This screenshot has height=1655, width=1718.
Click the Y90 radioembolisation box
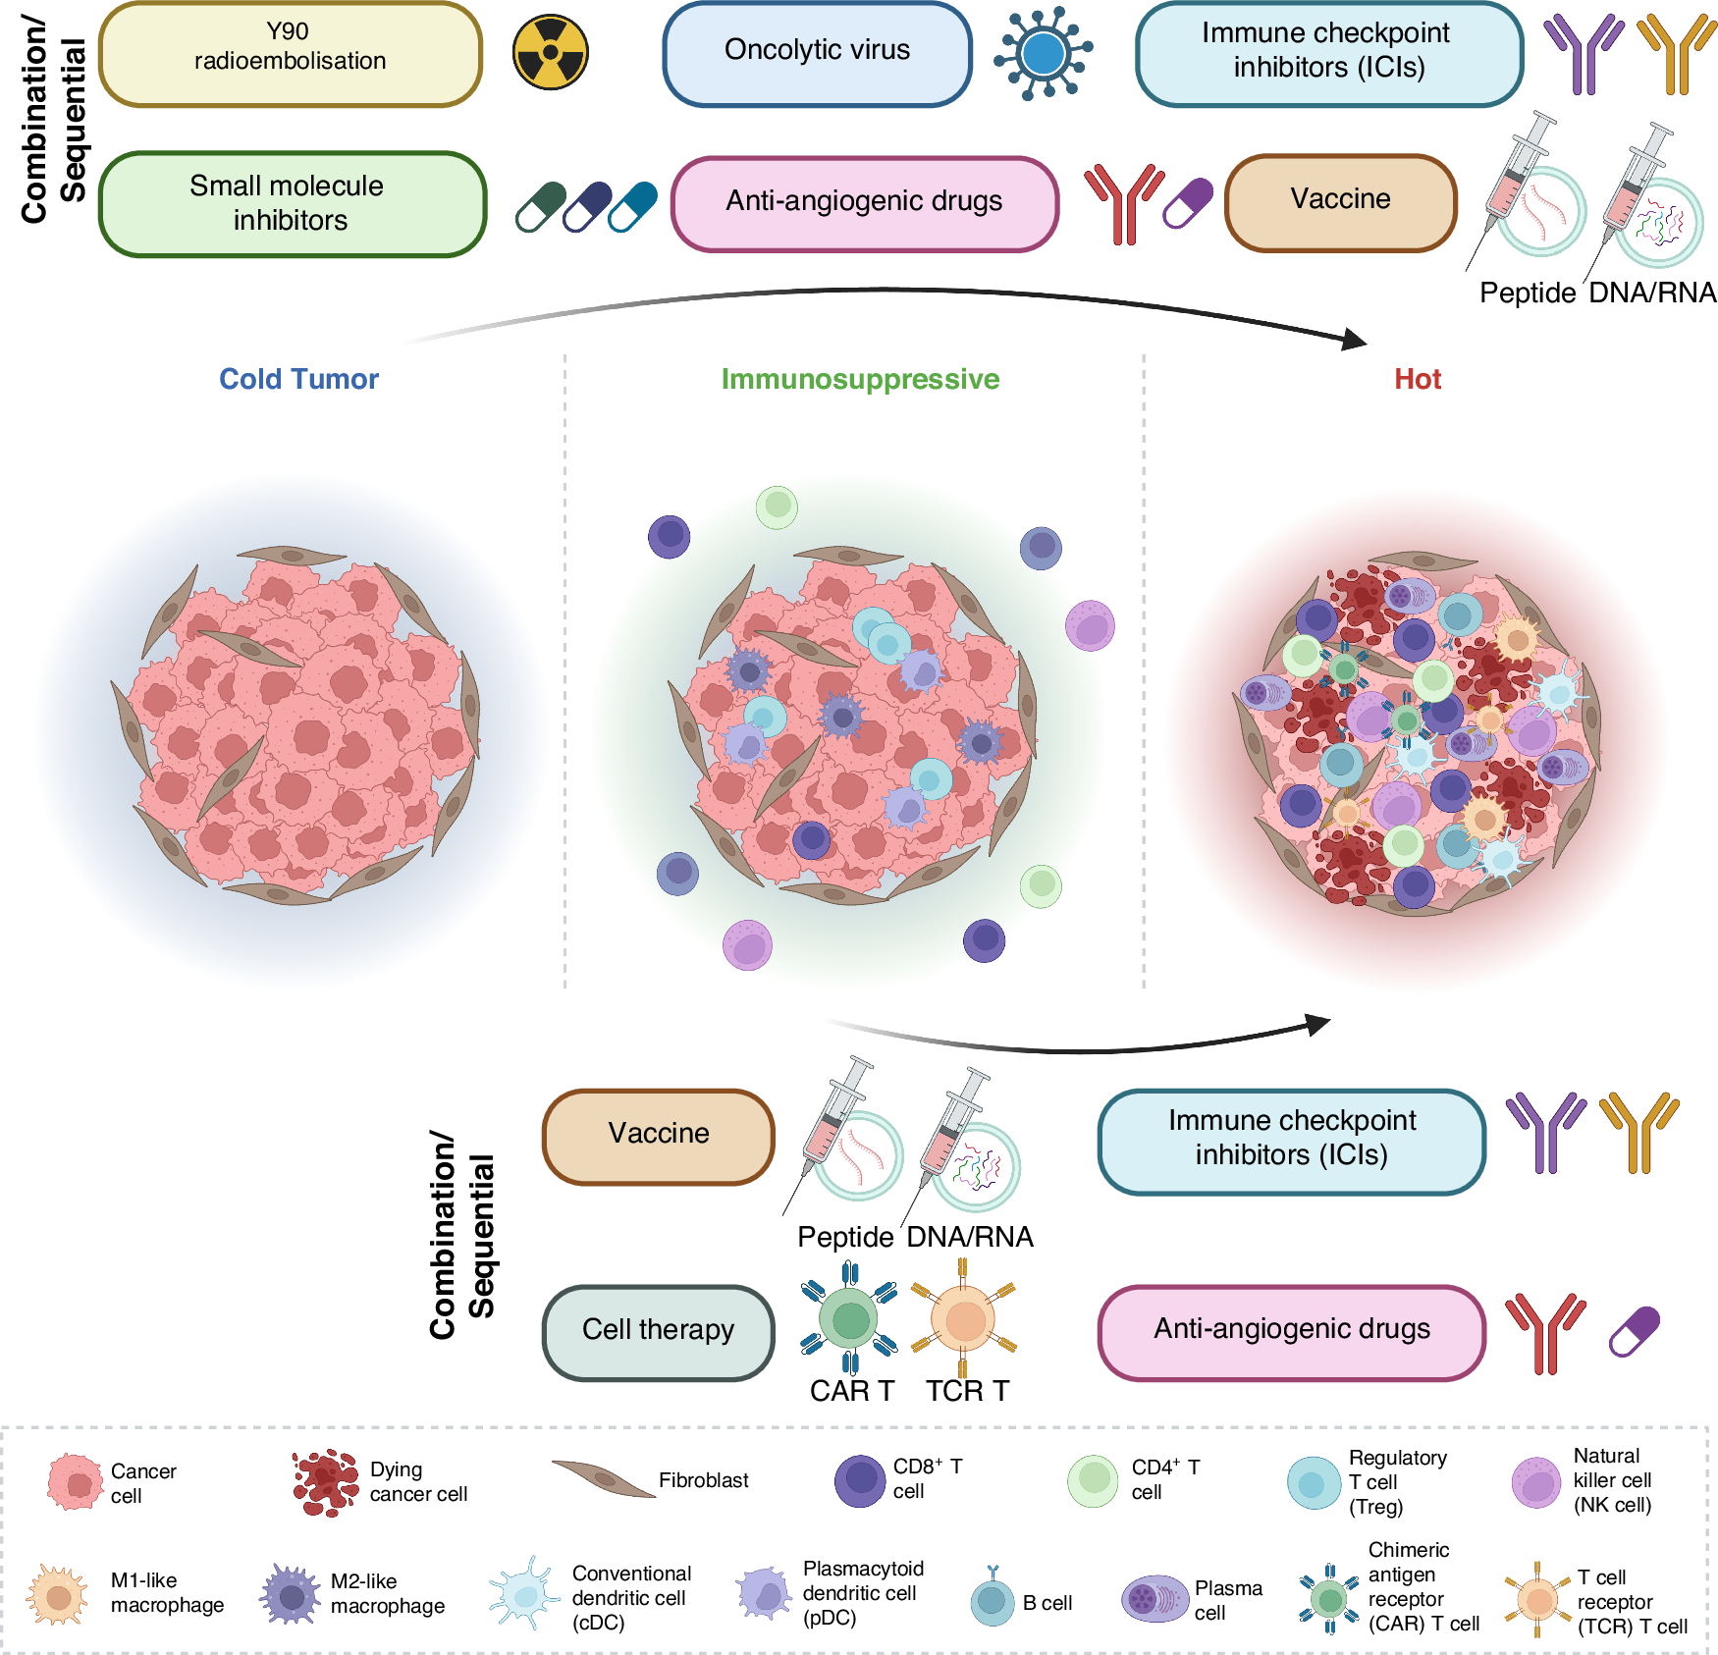[291, 54]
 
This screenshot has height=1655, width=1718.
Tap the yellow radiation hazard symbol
[551, 52]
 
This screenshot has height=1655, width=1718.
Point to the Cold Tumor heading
[298, 379]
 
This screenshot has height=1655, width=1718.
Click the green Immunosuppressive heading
[860, 379]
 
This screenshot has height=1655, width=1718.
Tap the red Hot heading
[1417, 379]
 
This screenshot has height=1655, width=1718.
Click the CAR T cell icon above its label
[849, 1318]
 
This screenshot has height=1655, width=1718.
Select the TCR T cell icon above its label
[964, 1318]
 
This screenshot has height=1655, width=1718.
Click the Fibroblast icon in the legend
[602, 1478]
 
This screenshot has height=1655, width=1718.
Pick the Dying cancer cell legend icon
[325, 1482]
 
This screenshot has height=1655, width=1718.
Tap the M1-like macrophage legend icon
[58, 1595]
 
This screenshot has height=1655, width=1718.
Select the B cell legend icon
[993, 1600]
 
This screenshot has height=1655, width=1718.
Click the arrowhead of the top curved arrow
[1355, 339]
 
